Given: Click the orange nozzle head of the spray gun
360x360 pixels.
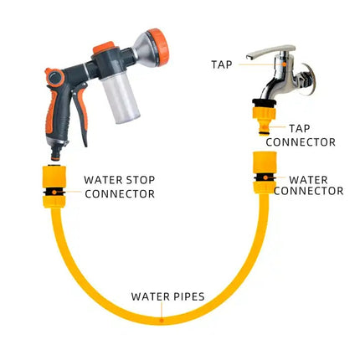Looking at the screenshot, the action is pos(158,47).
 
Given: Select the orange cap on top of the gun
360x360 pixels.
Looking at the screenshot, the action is pos(104,47).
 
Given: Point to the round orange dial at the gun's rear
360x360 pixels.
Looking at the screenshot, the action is pos(55,77).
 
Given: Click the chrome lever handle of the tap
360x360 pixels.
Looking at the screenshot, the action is pos(270,51).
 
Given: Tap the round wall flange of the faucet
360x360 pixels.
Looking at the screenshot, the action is pos(309,79).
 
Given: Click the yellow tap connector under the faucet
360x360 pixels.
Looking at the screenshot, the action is pos(265,118).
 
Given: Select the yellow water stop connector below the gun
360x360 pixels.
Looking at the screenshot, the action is pos(54,187).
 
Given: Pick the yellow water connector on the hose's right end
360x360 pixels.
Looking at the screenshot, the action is pos(265,172).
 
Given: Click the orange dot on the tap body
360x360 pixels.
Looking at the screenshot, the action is pos(284,64).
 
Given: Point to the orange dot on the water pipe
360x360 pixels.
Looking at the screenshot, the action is pos(162,320).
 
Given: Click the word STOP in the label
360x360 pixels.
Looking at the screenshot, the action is pos(141,180).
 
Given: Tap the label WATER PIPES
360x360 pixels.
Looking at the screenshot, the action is pos(168,296).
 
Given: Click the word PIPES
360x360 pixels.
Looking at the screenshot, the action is pos(188,296).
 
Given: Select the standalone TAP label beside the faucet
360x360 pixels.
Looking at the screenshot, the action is pos(222,64).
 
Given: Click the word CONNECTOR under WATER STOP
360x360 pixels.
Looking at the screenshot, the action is pos(120,194).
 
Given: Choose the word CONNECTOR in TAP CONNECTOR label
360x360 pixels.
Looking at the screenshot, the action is pos(301,142).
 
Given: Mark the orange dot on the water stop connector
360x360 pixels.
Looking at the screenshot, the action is pos(54,192).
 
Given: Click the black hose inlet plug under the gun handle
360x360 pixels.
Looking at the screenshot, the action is pos(55,153).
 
